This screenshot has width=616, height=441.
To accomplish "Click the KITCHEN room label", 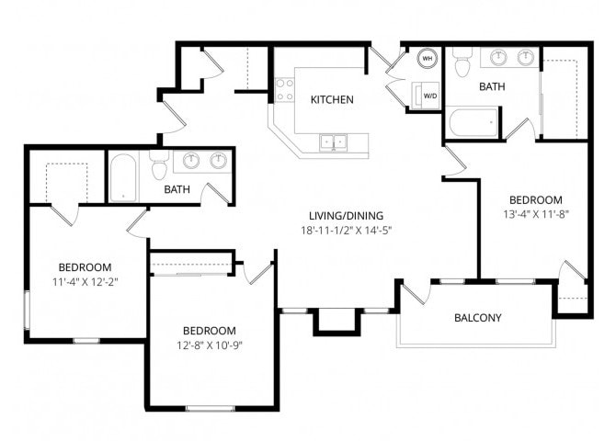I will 332,100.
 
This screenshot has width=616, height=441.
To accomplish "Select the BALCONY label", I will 478,319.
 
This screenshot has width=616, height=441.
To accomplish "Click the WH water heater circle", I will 428,58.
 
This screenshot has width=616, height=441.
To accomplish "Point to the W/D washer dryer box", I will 428,94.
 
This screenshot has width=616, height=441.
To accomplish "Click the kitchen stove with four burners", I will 284,89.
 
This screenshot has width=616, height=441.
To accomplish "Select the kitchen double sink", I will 333,141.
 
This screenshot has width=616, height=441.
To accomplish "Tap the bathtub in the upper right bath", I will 473,122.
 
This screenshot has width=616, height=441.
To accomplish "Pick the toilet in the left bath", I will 158,168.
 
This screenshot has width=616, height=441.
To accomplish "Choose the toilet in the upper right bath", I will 462,62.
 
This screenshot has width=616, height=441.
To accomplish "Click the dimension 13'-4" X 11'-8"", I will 535,215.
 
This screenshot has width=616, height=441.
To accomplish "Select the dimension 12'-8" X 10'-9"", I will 209,345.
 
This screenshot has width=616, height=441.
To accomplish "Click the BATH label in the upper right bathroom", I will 493,86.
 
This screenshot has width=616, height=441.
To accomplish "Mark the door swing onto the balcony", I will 416,293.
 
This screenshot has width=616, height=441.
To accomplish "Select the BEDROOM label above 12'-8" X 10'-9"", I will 209,331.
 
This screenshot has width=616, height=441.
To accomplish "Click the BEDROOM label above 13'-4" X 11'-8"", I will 535,199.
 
